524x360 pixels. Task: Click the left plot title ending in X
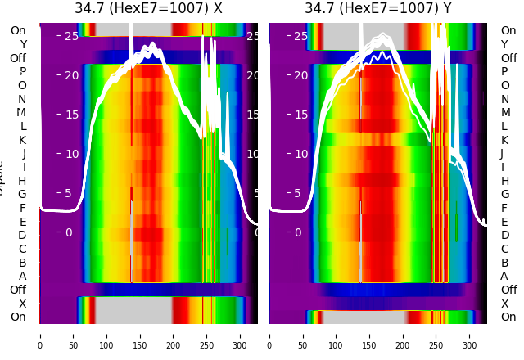(148, 9)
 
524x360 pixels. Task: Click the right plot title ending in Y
(377, 9)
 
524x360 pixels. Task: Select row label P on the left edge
(22, 72)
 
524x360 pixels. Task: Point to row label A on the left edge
(22, 277)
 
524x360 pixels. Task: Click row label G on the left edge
(22, 195)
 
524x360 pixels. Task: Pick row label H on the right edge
(504, 181)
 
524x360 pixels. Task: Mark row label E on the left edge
(22, 222)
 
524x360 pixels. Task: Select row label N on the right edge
(504, 99)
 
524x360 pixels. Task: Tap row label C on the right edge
(504, 249)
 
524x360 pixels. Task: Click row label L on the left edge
(22, 126)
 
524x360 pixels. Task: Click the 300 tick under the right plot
(470, 335)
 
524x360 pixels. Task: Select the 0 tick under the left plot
(40, 335)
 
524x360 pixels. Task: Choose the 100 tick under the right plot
(337, 335)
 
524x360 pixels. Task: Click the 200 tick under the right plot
(403, 335)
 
